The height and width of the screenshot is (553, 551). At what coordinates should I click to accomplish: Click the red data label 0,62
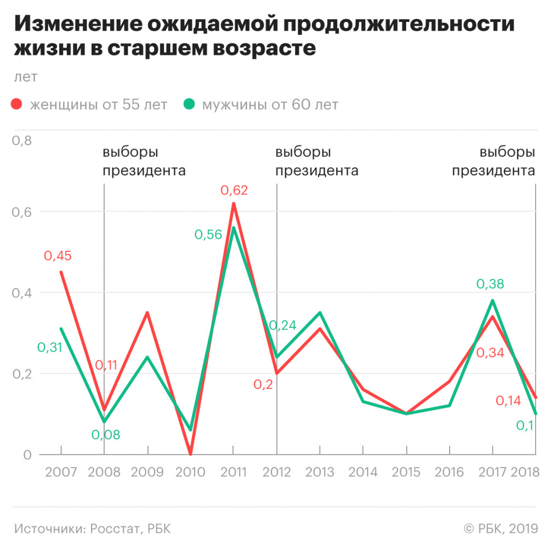click(x=234, y=191)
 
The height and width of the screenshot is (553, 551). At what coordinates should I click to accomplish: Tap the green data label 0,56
click(x=208, y=234)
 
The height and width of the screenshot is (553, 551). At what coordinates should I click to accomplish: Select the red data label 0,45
click(x=58, y=256)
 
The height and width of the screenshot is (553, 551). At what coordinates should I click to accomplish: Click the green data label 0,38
click(x=490, y=284)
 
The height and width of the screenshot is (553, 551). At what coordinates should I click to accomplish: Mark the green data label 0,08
click(x=105, y=435)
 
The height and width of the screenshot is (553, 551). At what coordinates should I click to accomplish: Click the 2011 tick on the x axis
click(x=233, y=472)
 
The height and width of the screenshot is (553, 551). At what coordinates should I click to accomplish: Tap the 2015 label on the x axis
click(x=406, y=472)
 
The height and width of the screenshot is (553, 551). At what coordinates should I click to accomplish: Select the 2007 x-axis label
click(x=60, y=472)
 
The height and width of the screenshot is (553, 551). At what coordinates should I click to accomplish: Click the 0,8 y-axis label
click(x=22, y=141)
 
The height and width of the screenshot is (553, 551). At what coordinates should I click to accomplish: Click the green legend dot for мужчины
click(x=189, y=104)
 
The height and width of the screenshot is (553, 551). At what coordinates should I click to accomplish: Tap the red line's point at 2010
click(x=190, y=454)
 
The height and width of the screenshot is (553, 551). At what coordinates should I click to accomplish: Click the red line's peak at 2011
click(x=234, y=204)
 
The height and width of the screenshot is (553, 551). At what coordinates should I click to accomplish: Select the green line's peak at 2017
click(x=492, y=301)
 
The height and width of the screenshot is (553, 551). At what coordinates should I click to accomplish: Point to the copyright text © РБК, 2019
click(x=501, y=528)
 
